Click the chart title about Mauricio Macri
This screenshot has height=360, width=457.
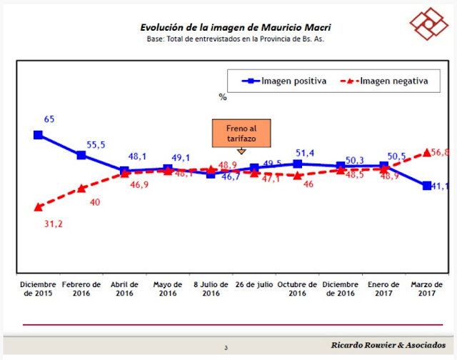(235, 27)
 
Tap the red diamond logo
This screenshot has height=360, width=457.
(428, 26)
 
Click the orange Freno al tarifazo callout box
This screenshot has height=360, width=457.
(241, 133)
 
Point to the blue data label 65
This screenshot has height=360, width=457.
(49, 119)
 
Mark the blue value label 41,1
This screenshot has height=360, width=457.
(438, 186)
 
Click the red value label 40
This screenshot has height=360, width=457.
(95, 202)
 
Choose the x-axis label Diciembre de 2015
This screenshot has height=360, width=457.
(38, 289)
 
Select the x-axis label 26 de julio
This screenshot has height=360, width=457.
(254, 284)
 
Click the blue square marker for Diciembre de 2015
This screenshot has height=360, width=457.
(39, 134)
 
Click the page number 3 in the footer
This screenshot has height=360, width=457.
(226, 348)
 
